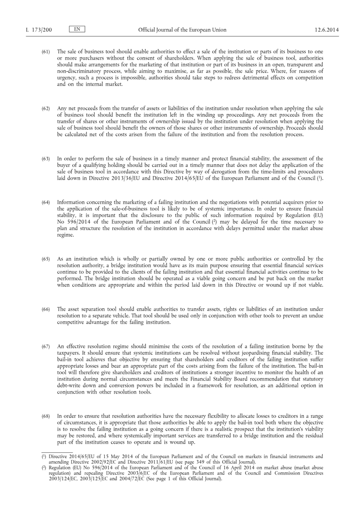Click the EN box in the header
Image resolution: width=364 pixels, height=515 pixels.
coord(77,29)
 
